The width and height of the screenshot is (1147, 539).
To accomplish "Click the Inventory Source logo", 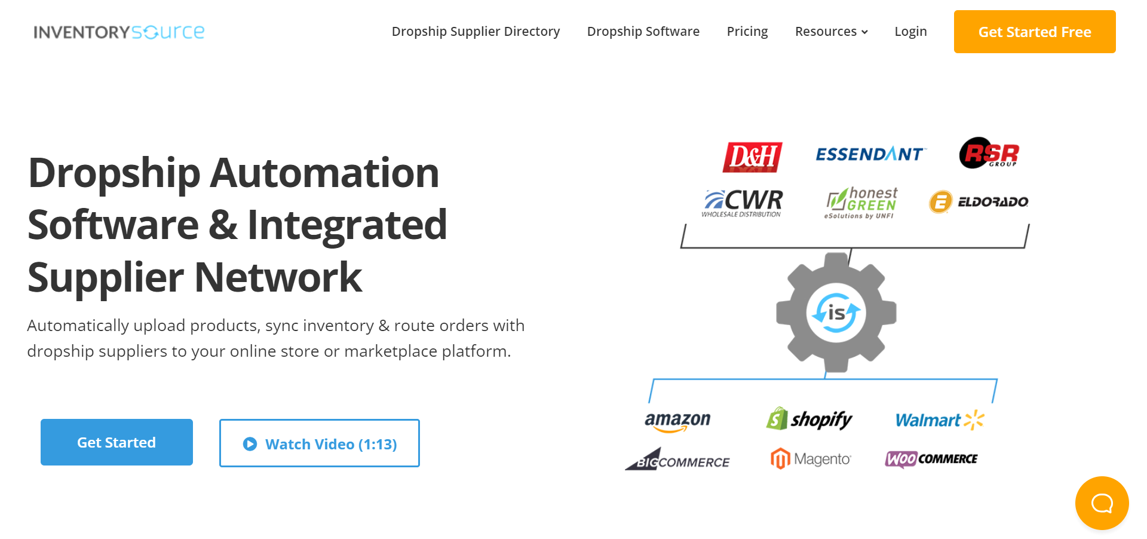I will (119, 32).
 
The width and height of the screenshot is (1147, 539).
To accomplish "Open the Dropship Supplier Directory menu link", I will (476, 32).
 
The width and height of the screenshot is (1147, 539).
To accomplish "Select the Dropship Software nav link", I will (643, 32).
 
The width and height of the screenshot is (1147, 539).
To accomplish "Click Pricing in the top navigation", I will (747, 32).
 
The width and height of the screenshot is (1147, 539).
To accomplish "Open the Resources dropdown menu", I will (831, 32).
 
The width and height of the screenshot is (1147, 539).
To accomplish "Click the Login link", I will (910, 32).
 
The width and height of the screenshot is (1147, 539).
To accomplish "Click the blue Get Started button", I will (116, 442).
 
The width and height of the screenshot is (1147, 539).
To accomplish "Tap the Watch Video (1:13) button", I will (320, 443).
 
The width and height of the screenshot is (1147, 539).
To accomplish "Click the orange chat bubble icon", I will (1102, 503).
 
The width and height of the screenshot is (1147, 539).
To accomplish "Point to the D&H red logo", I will (752, 157).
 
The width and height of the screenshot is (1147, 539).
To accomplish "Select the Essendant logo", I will (869, 154).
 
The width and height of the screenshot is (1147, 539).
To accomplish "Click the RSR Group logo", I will (989, 154).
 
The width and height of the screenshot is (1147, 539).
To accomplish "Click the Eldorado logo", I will (979, 202).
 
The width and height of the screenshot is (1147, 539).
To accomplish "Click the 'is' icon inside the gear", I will (836, 313).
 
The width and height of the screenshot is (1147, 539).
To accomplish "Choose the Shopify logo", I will (809, 419).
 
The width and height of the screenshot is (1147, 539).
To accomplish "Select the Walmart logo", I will (939, 420).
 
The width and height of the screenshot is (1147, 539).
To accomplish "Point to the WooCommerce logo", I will (931, 459).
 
